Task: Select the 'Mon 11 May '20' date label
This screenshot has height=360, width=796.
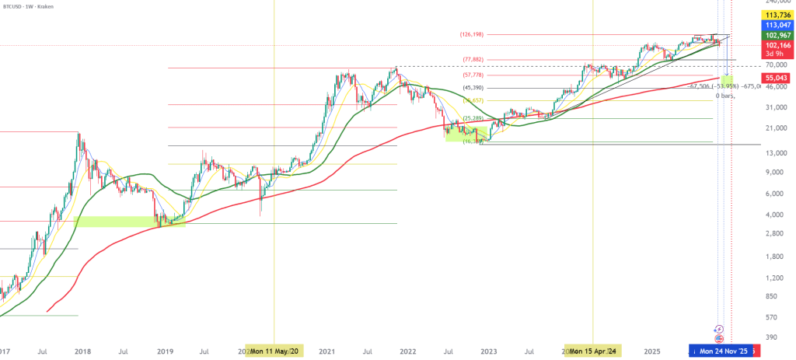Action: (274, 351)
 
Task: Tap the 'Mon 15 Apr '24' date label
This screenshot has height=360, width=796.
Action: (593, 351)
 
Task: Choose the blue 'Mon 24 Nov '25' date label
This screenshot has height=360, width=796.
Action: (722, 351)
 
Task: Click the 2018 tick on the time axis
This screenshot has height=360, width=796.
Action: (83, 351)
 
